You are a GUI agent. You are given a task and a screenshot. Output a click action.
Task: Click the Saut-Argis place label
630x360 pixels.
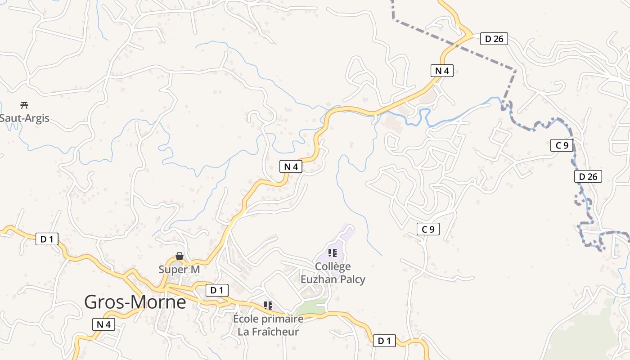tap(24, 118)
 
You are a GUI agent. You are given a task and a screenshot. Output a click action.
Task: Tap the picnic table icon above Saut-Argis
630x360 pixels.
tap(24, 105)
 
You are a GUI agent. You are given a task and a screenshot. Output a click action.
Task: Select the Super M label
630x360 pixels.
tap(179, 269)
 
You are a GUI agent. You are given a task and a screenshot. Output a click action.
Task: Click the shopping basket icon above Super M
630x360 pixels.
tap(179, 256)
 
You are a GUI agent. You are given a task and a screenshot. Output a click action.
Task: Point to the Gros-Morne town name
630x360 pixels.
tap(135, 302)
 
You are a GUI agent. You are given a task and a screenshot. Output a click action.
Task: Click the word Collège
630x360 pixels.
tap(333, 266)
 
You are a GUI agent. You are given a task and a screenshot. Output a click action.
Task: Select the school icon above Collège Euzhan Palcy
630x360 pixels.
tap(333, 253)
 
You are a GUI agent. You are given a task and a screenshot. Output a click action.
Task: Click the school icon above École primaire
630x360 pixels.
tap(268, 306)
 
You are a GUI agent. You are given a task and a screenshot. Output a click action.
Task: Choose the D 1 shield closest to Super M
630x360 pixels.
tap(217, 290)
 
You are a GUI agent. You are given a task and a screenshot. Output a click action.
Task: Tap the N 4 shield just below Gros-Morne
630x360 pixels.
tap(103, 324)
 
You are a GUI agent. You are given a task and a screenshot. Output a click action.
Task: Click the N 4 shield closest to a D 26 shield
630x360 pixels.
tap(442, 71)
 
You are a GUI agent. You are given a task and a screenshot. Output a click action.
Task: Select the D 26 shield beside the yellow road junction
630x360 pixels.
tap(494, 39)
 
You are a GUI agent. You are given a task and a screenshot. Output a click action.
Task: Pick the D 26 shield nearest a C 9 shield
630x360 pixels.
tap(588, 176)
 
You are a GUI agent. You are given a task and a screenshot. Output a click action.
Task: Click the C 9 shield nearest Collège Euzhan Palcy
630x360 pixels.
tap(428, 229)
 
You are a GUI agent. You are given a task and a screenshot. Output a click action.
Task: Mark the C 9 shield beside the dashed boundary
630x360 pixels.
tap(562, 145)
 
